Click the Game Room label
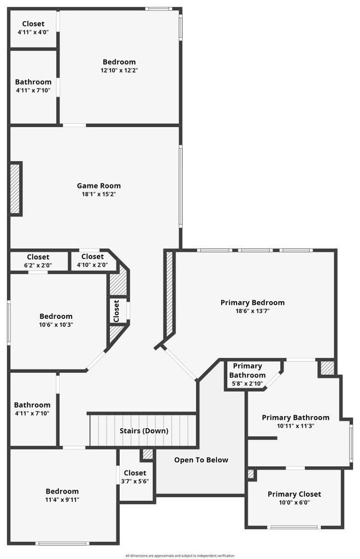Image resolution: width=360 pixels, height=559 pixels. click(99, 186)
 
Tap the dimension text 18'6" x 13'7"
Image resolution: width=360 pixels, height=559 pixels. click(252, 311)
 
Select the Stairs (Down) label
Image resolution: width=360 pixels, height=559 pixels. click(144, 431)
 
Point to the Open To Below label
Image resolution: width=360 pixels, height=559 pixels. click(201, 460)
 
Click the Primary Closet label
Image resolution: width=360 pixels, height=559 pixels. click(294, 494)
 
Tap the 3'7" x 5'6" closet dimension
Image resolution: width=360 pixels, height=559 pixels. click(135, 481)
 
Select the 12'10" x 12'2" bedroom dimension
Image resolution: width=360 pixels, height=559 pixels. click(119, 70)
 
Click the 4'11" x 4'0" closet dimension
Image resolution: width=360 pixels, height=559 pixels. click(33, 32)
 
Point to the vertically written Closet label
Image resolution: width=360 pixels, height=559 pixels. click(116, 311)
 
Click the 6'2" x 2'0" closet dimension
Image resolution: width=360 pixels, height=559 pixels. click(38, 265)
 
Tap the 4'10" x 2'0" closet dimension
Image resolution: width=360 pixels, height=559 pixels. click(92, 265)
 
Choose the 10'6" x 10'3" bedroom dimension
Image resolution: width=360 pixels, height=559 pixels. click(56, 325)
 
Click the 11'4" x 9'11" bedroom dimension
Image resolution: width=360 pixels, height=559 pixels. click(62, 500)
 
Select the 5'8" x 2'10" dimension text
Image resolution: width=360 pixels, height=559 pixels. click(247, 384)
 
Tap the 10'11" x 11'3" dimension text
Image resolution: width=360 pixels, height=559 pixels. click(296, 426)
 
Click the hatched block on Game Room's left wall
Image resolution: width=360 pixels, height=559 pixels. click(15, 188)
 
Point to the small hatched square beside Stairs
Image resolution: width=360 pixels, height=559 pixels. click(147, 454)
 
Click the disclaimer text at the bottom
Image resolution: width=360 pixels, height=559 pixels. click(180, 555)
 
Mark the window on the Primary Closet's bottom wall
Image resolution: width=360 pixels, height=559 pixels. click(294, 527)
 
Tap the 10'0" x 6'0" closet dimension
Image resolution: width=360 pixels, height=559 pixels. click(294, 503)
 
